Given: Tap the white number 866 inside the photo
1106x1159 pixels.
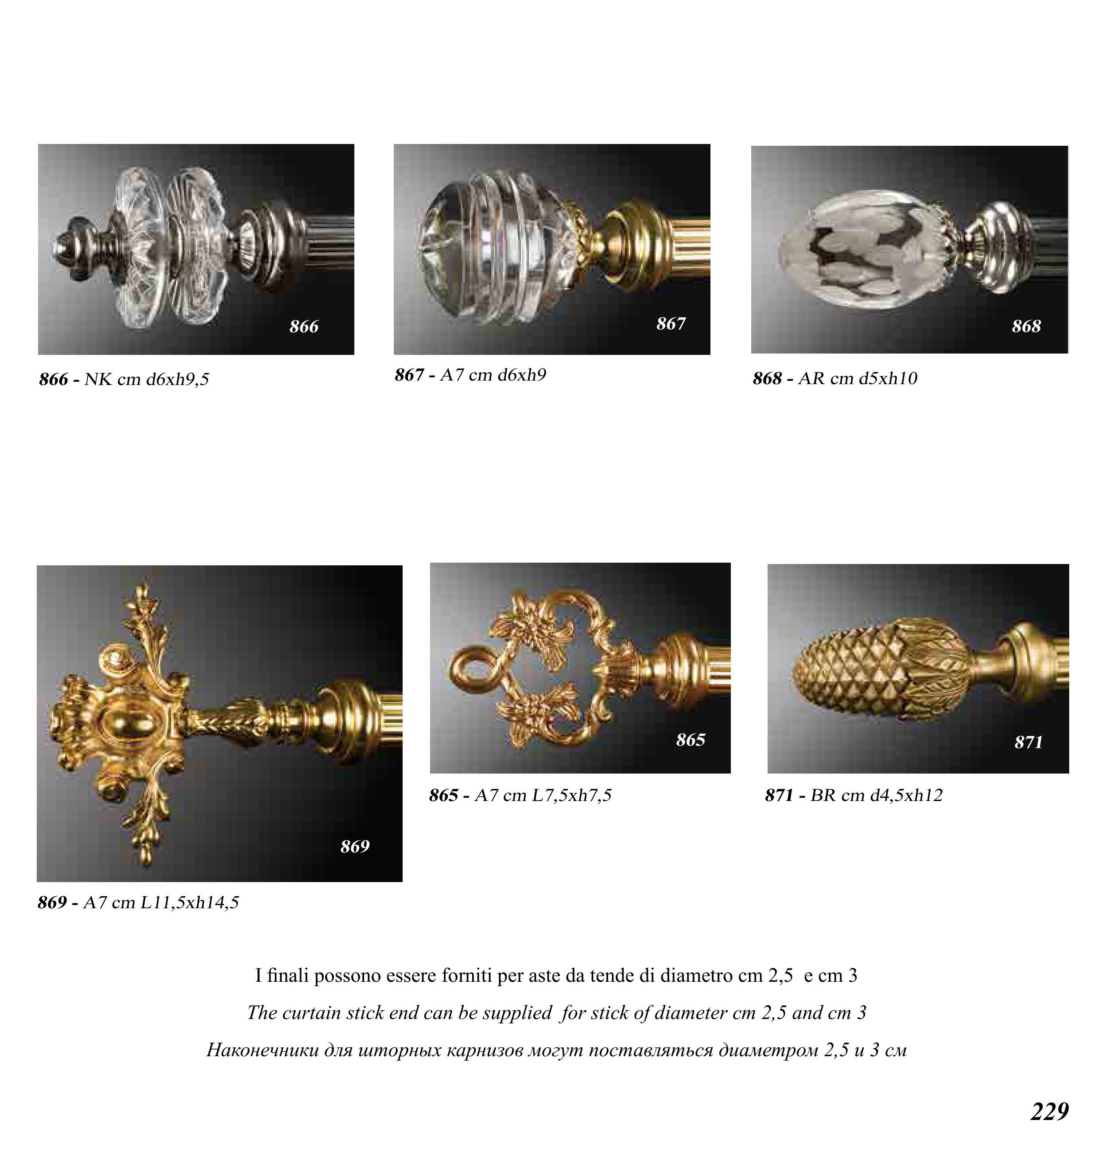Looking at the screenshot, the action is pos(303,326).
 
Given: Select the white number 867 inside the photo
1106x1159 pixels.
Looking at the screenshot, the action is pos(671,323).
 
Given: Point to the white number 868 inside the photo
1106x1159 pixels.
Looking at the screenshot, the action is pos(1026,326).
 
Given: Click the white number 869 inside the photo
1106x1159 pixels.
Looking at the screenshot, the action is pos(355,846).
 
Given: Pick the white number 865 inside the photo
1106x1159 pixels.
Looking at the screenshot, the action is pos(691,739).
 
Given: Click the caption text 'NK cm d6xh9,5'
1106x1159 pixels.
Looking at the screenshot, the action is pos(147,379).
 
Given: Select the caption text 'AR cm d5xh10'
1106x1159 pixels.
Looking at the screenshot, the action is pos(858,378).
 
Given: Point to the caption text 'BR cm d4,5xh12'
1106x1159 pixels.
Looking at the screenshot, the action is pos(877,795).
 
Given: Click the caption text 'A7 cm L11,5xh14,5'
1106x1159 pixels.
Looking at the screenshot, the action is pos(161,902).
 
